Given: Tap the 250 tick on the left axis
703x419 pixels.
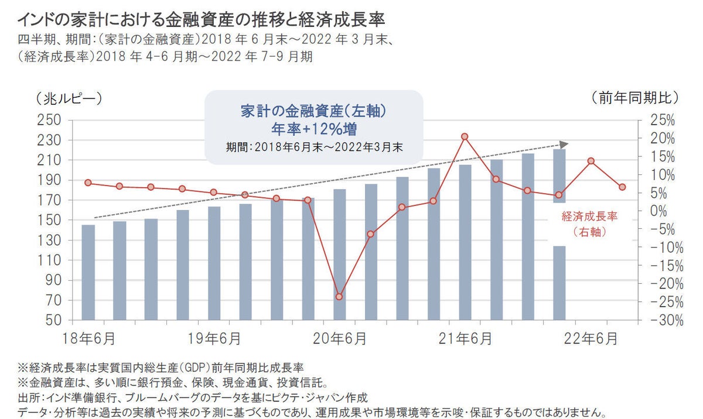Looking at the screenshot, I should click(x=49, y=120).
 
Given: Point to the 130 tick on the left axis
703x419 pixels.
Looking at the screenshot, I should click(x=49, y=241).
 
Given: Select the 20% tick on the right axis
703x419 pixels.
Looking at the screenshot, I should click(x=663, y=139).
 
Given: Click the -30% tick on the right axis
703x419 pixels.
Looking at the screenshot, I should click(x=660, y=321).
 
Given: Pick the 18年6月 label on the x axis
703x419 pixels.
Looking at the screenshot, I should click(x=88, y=339).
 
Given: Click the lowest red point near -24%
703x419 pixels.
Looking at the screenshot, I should click(x=339, y=297).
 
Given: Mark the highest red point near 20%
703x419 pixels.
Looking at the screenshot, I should click(x=465, y=136).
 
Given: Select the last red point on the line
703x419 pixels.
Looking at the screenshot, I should click(x=622, y=187).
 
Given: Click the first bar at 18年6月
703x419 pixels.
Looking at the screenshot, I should click(x=88, y=272).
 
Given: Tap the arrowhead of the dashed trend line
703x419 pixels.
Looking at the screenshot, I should click(x=564, y=144).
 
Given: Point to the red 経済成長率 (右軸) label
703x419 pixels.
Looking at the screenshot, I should click(x=589, y=224).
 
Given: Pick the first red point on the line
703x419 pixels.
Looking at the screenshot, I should click(x=88, y=183).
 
